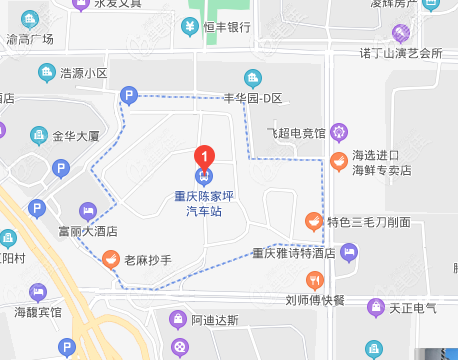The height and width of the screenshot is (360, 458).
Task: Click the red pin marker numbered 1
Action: [204, 156]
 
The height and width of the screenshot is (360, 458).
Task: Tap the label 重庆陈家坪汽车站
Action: [204, 204]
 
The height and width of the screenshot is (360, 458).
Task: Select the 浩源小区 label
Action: [84, 73]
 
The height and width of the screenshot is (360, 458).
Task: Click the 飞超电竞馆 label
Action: [296, 131]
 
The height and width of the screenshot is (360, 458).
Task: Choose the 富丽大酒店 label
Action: [87, 231]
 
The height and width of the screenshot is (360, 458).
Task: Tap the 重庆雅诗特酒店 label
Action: [292, 253]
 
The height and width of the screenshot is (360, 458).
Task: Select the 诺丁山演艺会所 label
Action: [400, 52]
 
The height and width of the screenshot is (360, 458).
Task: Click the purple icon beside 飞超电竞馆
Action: [338, 131]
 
